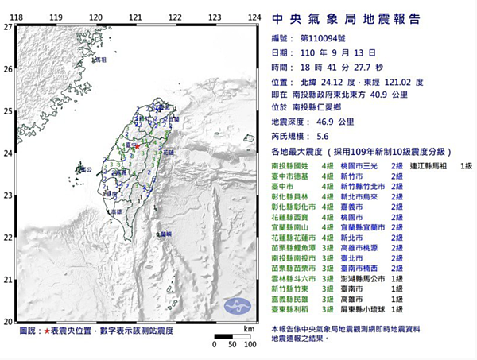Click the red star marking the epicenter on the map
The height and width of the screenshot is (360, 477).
pyautogui.click(x=137, y=147)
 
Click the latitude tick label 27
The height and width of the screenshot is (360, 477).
pyautogui.click(x=7, y=27)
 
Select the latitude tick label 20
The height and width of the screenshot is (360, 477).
pyautogui.click(x=7, y=321)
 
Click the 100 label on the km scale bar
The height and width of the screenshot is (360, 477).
pyautogui.click(x=249, y=345)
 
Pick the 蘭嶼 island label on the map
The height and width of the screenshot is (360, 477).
pyautogui.click(x=165, y=234)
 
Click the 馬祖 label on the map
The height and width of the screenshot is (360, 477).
pyautogui.click(x=101, y=60)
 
